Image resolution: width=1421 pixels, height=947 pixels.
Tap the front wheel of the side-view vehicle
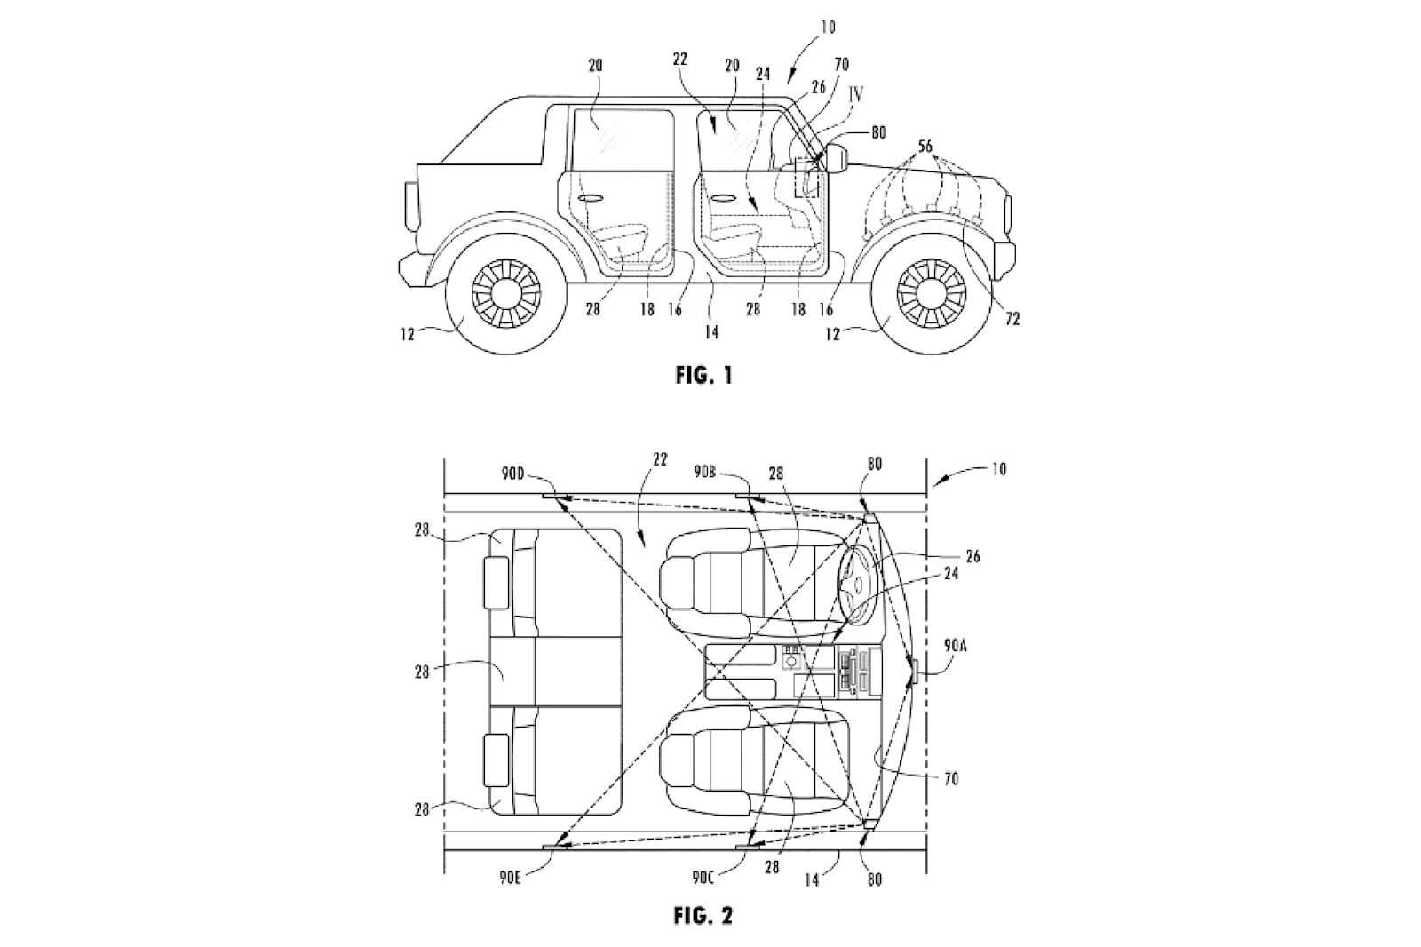click(930, 290)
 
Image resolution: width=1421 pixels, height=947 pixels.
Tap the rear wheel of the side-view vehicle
click(504, 290)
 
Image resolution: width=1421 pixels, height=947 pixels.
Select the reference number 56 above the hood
click(925, 147)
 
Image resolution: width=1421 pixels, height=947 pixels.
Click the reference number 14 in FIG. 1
click(710, 333)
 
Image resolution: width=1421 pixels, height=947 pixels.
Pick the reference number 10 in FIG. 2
click(998, 469)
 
